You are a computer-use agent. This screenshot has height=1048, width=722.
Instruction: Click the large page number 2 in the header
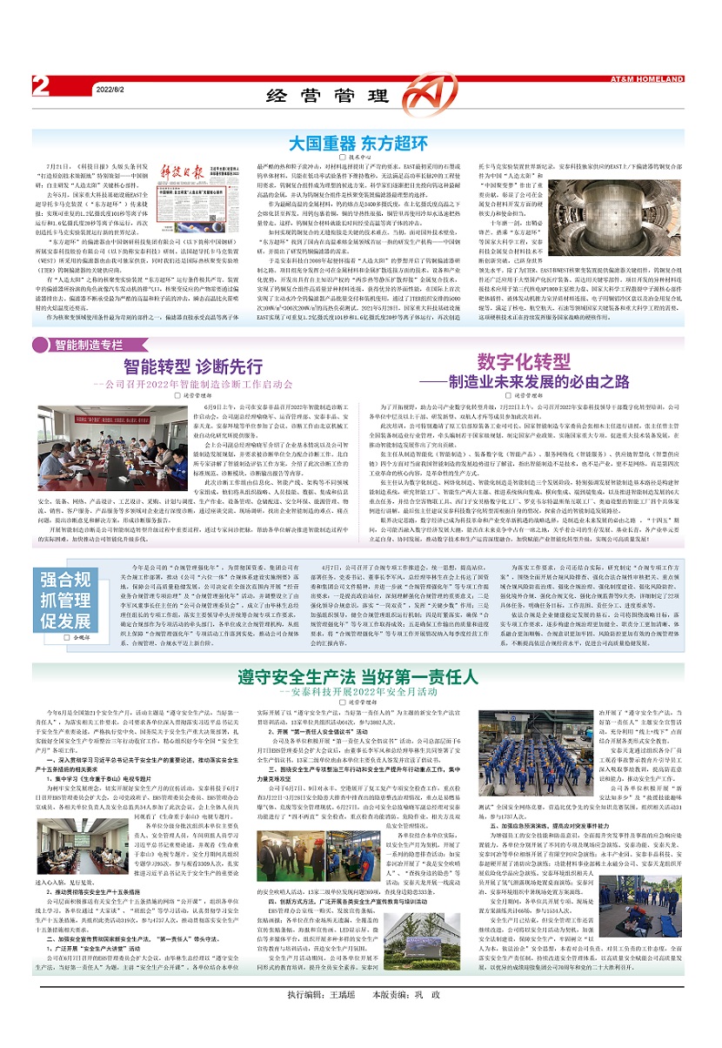(40, 86)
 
